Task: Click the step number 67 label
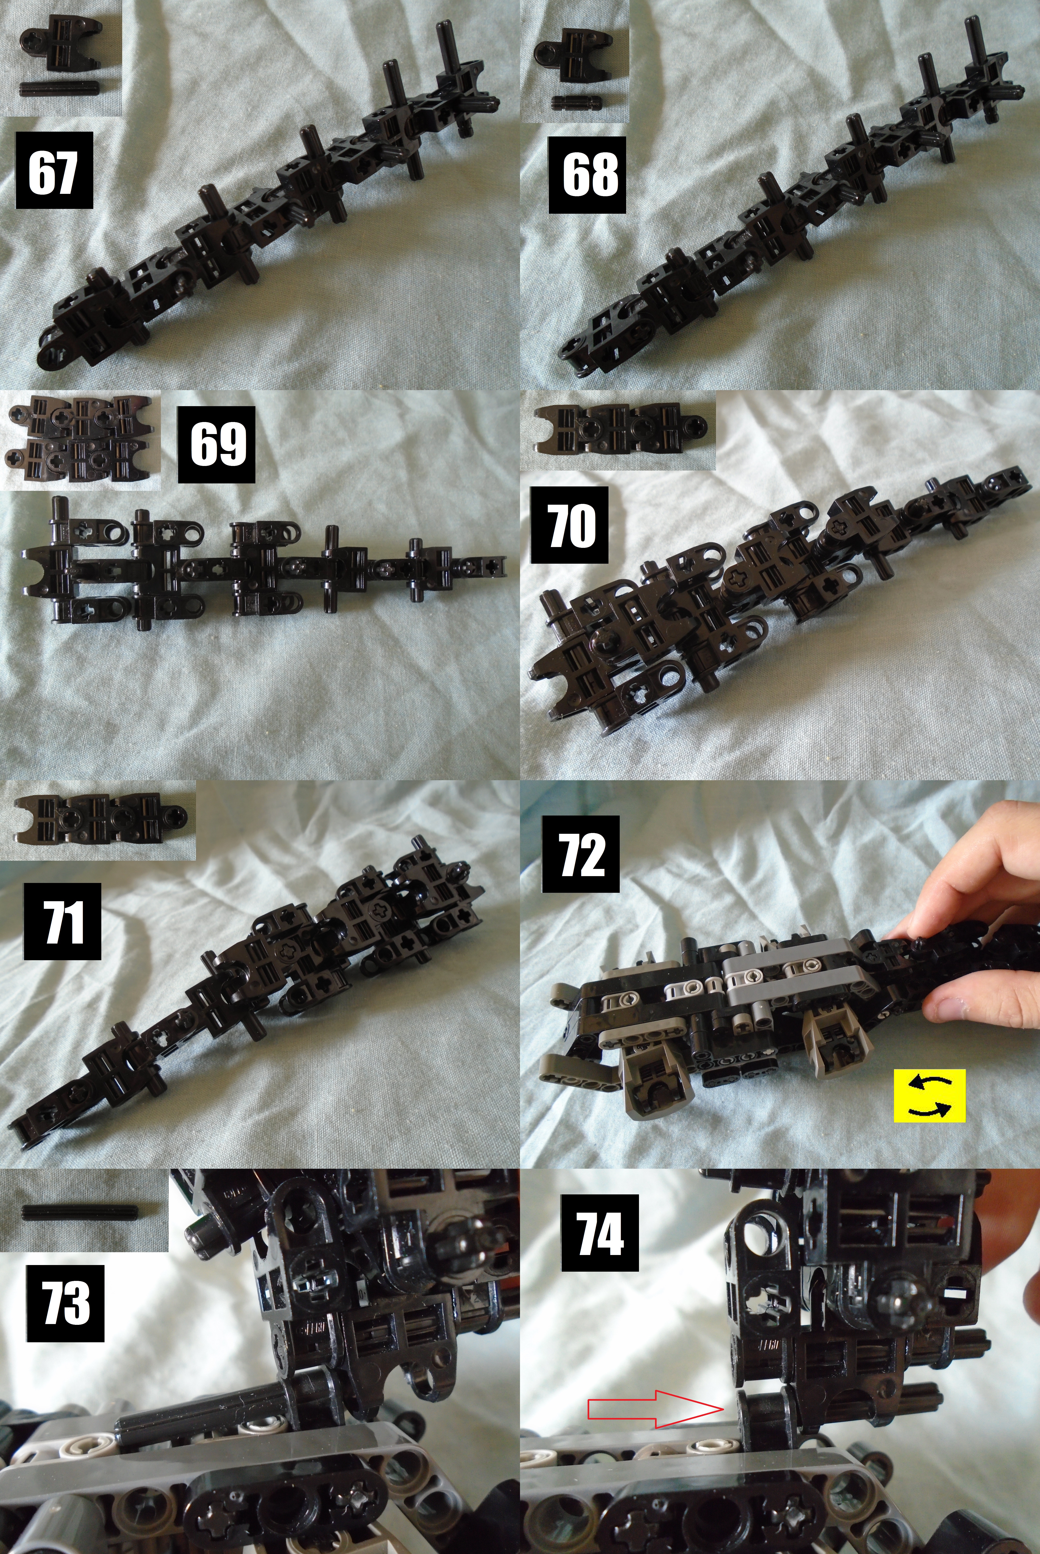point(54,170)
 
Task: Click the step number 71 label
point(62,921)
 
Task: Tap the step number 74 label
point(600,1232)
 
